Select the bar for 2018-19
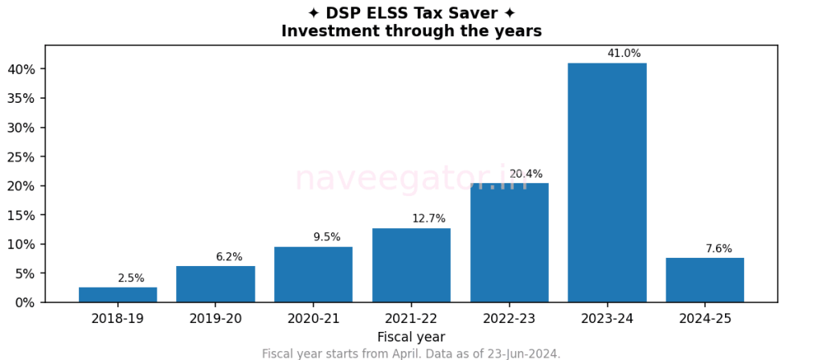point(117,294)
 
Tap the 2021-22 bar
point(411,265)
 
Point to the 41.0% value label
point(624,54)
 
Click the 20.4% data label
point(526,174)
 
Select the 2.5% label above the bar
point(131,278)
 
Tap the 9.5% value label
point(326,237)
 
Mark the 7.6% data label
point(719,249)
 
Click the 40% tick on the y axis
point(22,69)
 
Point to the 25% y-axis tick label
point(22,157)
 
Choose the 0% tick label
point(25,302)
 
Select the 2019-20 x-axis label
point(215,319)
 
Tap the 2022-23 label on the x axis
point(509,319)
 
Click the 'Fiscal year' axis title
point(411,337)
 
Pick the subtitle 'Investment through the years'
point(411,31)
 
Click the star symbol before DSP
point(313,13)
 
